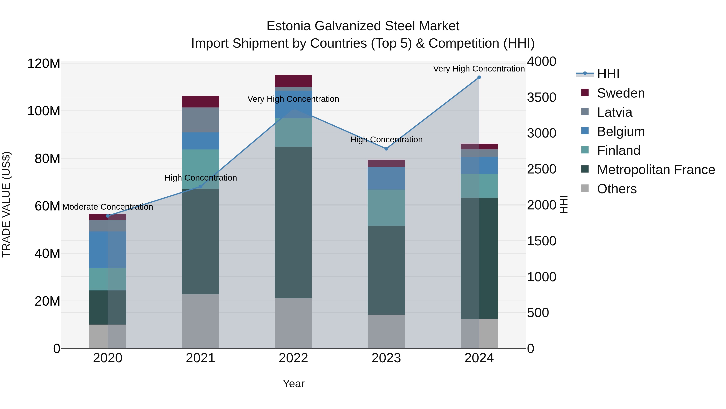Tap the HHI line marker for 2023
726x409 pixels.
386,149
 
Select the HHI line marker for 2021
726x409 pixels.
201,187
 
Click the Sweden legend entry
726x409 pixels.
620,93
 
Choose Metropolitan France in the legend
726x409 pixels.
656,170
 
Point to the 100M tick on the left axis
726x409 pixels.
44,111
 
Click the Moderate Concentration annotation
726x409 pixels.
108,207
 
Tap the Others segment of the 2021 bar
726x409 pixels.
200,321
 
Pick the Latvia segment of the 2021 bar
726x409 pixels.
200,120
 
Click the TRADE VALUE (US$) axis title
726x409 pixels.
6,204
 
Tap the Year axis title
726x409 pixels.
293,384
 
